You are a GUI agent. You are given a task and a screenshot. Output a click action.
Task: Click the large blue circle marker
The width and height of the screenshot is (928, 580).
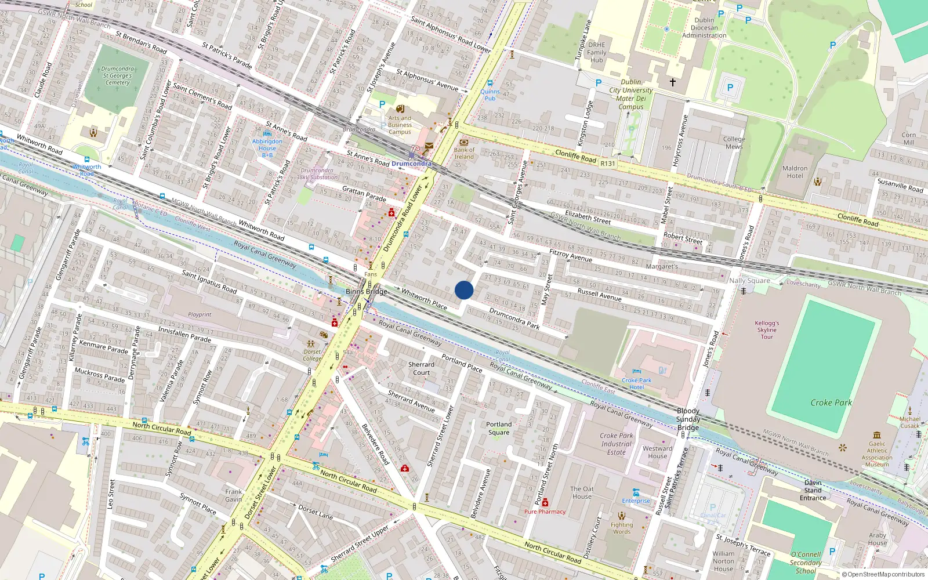[464, 290]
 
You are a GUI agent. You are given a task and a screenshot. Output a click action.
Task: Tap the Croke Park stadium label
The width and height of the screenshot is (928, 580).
[831, 403]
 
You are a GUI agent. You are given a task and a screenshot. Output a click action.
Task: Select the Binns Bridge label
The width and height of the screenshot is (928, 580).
[366, 292]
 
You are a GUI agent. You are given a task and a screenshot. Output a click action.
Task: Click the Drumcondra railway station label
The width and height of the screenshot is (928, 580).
[411, 164]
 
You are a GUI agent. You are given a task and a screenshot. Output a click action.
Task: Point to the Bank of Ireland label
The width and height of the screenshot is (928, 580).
[464, 153]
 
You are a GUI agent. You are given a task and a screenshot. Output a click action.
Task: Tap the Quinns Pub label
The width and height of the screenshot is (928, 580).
[490, 95]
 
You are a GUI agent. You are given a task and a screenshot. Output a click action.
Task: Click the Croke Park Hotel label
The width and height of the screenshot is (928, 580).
[636, 383]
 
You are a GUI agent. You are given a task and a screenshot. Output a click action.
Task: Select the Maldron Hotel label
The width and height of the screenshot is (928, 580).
[795, 172]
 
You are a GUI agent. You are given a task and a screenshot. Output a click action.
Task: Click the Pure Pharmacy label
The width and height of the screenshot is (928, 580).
[545, 512]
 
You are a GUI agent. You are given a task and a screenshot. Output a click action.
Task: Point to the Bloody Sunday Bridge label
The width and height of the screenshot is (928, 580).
[688, 419]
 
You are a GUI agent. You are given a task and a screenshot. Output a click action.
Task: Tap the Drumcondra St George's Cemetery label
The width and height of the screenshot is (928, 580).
[117, 76]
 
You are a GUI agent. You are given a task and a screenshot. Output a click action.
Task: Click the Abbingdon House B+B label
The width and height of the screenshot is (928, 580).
[267, 148]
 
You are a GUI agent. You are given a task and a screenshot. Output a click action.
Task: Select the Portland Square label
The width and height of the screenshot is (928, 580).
[499, 428]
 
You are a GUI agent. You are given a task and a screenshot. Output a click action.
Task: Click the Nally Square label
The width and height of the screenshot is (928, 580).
[749, 281]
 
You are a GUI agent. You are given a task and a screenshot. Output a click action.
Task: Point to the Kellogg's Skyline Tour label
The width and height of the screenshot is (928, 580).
[767, 329]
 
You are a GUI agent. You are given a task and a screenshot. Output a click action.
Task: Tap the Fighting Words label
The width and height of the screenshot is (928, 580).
[622, 528]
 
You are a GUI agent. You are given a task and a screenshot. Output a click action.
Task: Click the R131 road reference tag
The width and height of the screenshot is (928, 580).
[607, 164]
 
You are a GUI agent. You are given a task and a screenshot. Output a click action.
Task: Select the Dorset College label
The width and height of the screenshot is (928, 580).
[312, 355]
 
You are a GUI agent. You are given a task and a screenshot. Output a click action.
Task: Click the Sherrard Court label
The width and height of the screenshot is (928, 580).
[421, 368]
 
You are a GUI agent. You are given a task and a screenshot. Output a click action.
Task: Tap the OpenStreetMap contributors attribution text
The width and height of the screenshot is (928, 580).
[883, 575]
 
